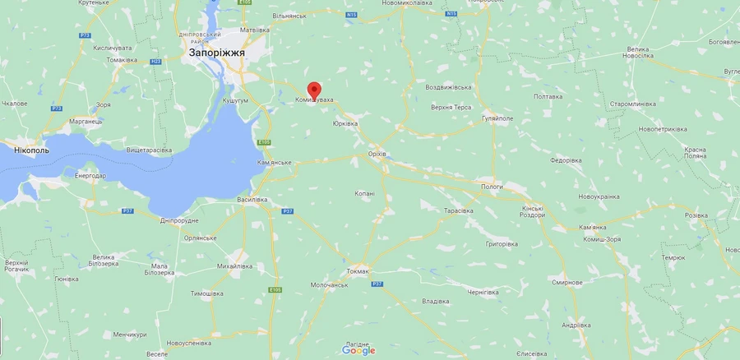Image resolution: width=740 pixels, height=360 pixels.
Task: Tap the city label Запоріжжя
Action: pyautogui.click(x=217, y=52)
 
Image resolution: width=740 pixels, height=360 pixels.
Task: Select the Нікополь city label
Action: pyautogui.click(x=32, y=150)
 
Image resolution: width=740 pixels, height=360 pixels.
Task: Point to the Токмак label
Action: pyautogui.click(x=358, y=270)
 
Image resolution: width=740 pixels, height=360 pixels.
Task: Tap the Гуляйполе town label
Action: pyautogui.click(x=498, y=118)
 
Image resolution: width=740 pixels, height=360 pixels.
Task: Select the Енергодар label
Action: pyautogui.click(x=90, y=176)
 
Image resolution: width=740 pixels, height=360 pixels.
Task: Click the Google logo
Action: pyautogui.click(x=358, y=351)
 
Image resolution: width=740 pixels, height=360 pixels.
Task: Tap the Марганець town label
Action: pyautogui.click(x=85, y=121)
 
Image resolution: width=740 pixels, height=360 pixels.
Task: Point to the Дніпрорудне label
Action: pyautogui.click(x=179, y=220)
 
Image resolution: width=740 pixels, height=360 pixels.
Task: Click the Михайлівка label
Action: pyautogui.click(x=234, y=266)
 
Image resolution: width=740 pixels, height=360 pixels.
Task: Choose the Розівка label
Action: pyautogui.click(x=696, y=215)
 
